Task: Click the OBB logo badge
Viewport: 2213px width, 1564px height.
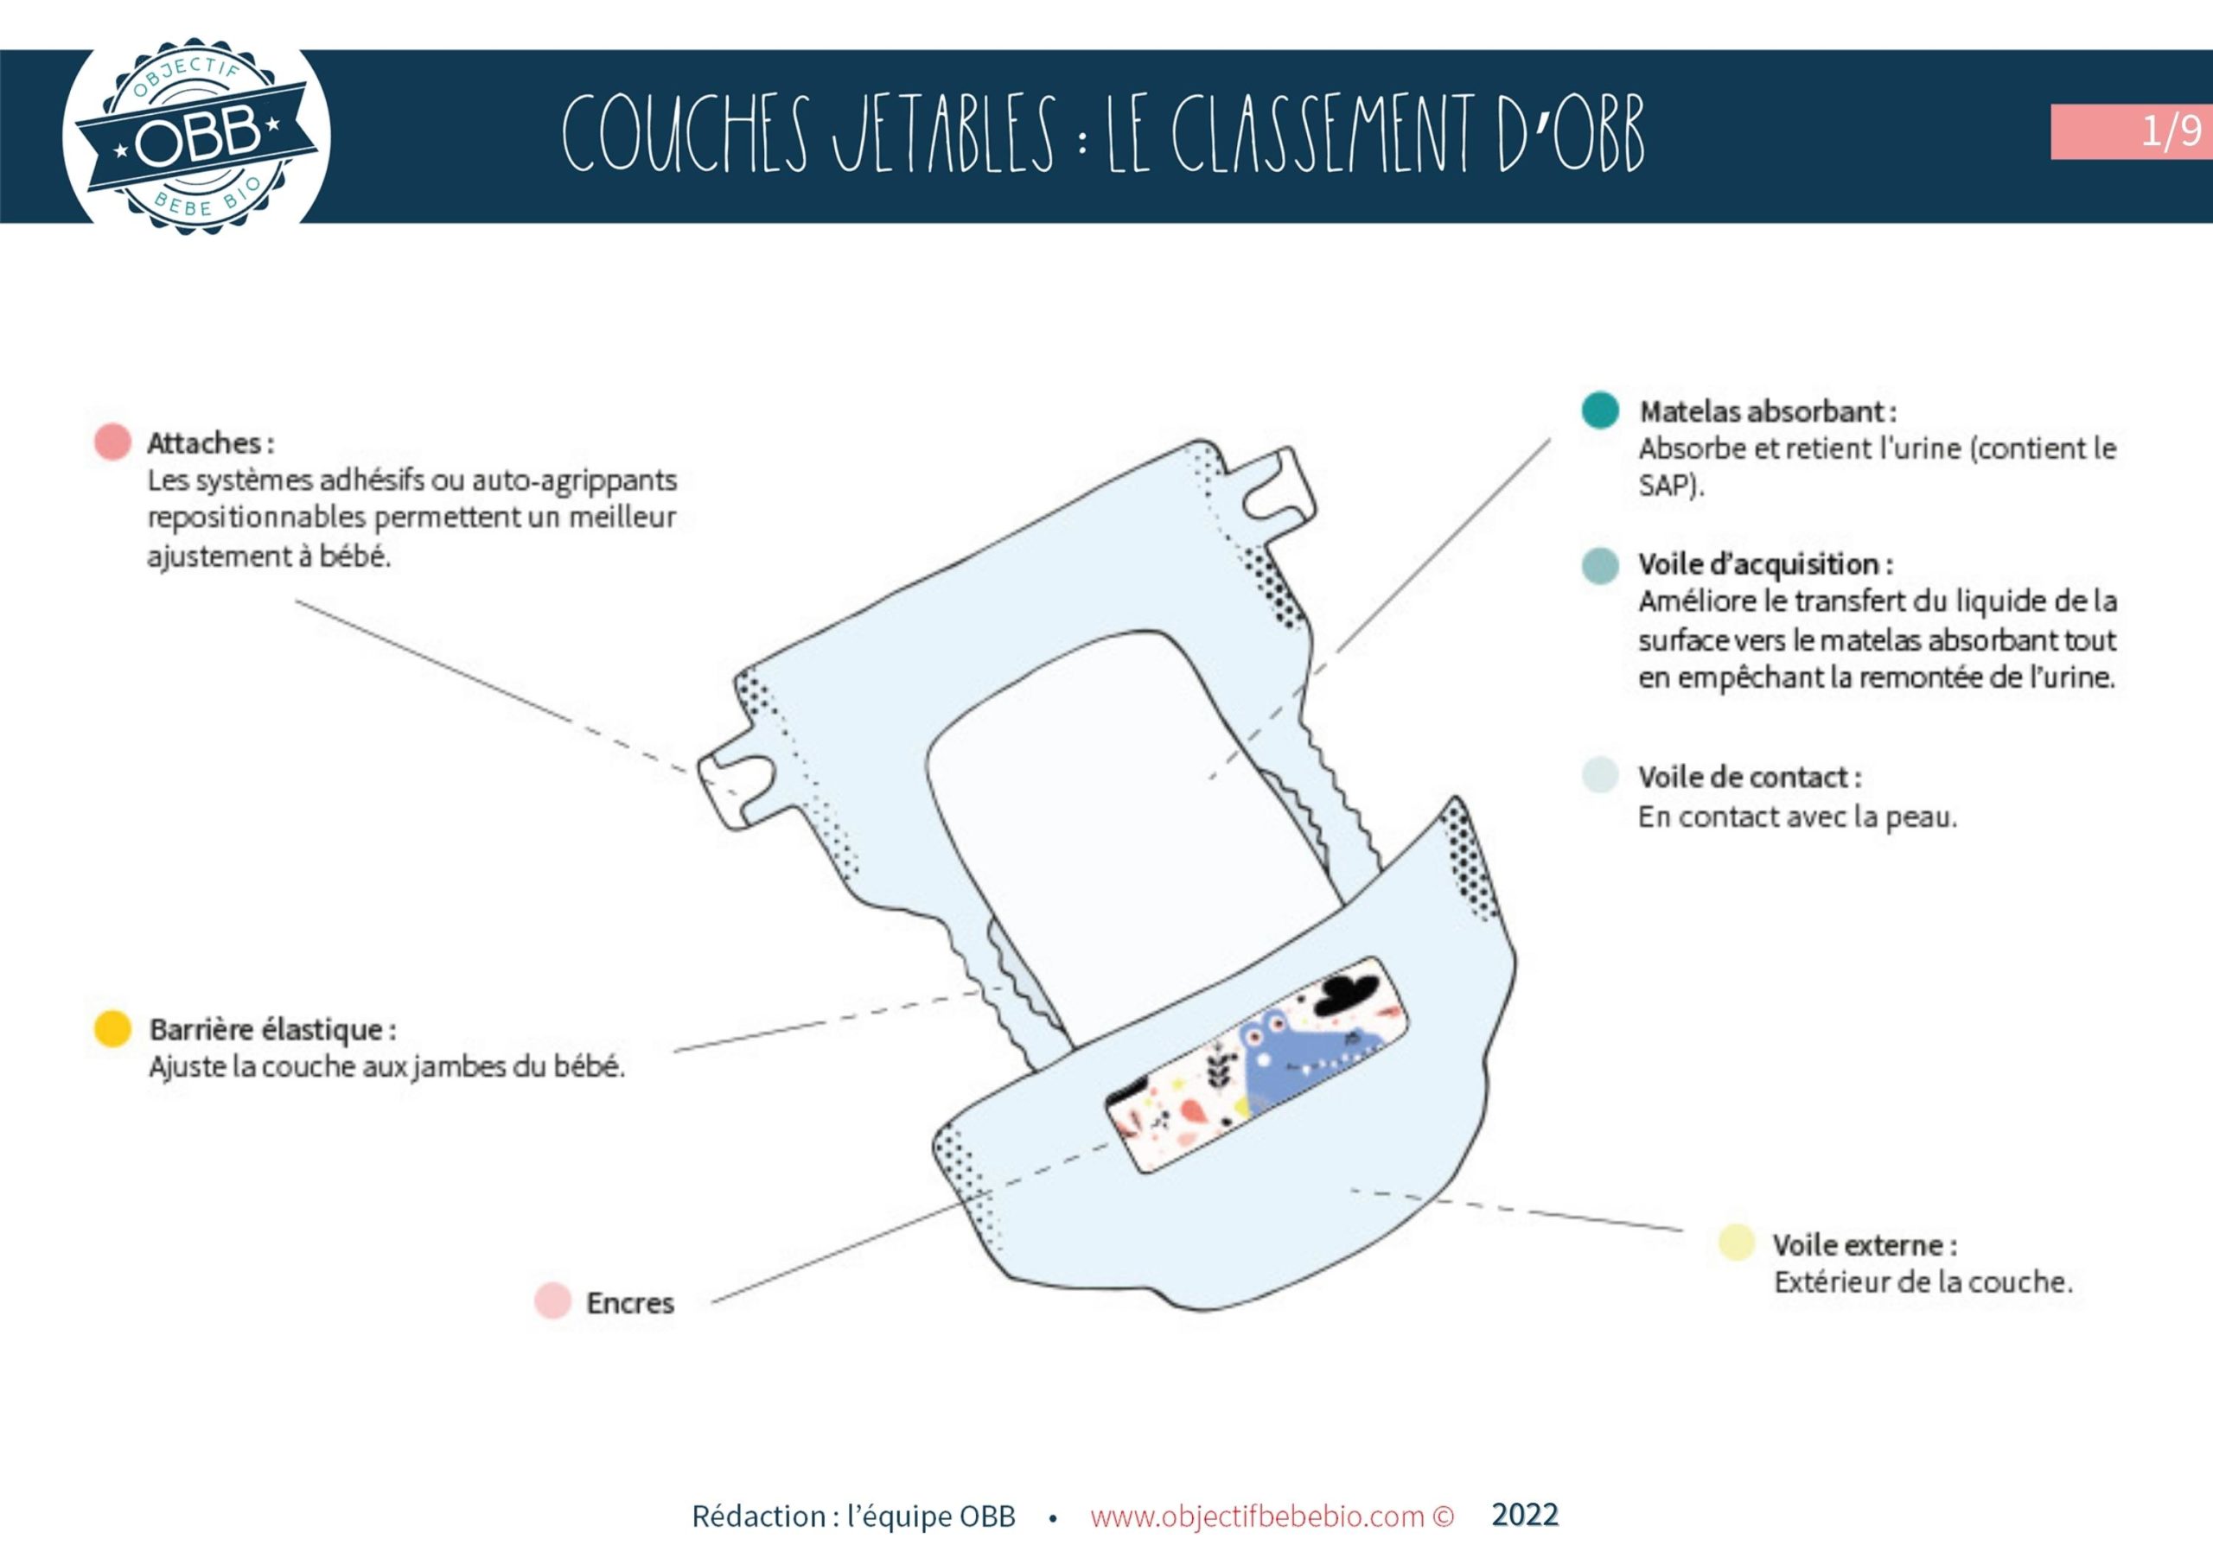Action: coord(195,136)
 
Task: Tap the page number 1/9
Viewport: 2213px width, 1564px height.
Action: coord(2171,130)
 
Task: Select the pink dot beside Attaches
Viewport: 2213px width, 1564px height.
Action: coord(112,442)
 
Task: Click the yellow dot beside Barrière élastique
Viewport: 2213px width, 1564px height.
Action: coord(112,1028)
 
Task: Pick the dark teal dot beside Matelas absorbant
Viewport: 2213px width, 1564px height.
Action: coord(1600,410)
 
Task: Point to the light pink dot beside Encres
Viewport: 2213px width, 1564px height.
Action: coord(552,1301)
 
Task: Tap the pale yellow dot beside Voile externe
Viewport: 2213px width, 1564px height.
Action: coord(1736,1243)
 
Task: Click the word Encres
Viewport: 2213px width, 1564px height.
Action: coord(630,1303)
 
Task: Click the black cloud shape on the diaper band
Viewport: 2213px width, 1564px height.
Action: coord(1347,994)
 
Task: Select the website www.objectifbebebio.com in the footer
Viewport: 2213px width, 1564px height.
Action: coord(1257,1516)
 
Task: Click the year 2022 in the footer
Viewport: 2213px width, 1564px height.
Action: coord(1524,1514)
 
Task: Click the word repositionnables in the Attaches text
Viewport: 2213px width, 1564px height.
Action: coord(258,518)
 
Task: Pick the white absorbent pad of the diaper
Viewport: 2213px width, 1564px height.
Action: coord(1108,819)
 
